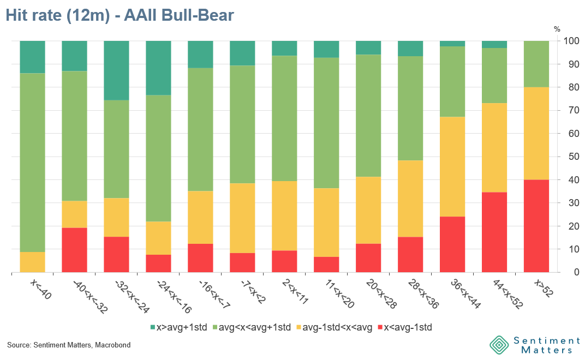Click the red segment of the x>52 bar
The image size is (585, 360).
click(x=536, y=226)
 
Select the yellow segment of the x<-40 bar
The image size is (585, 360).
click(x=32, y=262)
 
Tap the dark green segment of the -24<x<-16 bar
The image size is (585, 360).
click(x=158, y=68)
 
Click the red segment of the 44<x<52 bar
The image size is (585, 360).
click(x=494, y=232)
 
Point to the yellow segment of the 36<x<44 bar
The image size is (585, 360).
click(x=452, y=166)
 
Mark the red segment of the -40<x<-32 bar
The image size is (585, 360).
click(x=74, y=250)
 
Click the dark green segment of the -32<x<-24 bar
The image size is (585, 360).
click(x=116, y=70)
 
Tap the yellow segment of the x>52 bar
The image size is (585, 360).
click(x=536, y=133)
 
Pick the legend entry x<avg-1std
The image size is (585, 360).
click(x=408, y=327)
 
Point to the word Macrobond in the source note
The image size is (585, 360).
click(x=113, y=345)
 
